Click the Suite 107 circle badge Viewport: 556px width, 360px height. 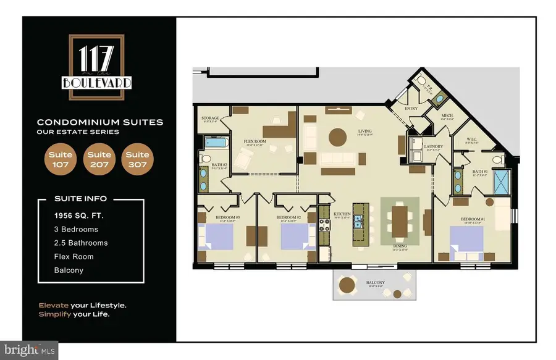[60, 159]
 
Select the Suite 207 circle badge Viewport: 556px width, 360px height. [99, 159]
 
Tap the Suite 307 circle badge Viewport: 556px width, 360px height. [137, 159]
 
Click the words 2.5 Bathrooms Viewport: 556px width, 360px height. [80, 243]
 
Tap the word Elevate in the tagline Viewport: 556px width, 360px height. [53, 305]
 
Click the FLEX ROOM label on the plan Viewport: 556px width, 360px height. [254, 141]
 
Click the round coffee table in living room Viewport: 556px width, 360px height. [337, 136]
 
